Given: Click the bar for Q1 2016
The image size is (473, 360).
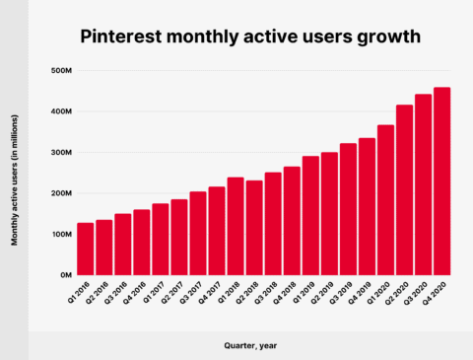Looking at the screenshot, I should (x=85, y=249).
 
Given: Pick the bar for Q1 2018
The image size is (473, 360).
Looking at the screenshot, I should (x=236, y=226).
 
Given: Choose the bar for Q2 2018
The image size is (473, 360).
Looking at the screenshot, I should (x=254, y=228).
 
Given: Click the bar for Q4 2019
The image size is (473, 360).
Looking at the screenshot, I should (x=367, y=206).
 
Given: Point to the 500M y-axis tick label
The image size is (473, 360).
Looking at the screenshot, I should (x=59, y=71).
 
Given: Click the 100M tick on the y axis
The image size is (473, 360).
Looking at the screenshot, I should (x=59, y=234).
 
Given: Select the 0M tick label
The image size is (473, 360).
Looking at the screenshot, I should (x=63, y=275).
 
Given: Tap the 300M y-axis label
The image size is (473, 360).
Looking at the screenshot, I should (x=59, y=153).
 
